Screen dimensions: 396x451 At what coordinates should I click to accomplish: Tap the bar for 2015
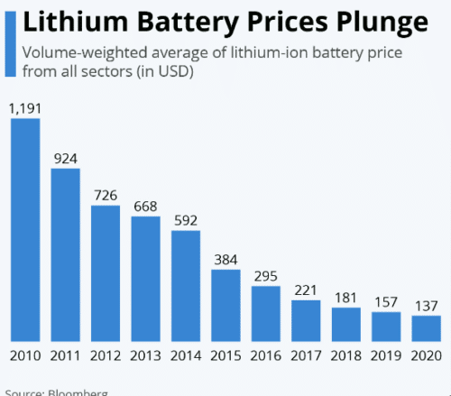point(226,303)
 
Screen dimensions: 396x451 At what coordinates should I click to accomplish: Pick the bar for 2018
point(347,322)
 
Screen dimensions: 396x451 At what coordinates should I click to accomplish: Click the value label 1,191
point(25,108)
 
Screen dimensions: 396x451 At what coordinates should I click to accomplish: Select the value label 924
point(65,158)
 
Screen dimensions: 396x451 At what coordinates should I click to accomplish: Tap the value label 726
point(106,195)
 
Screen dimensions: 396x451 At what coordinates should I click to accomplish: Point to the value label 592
point(186,220)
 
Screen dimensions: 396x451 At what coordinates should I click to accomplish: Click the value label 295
point(266,276)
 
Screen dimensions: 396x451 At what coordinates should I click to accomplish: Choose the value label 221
point(307,290)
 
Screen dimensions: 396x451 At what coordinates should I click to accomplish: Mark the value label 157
point(387,301)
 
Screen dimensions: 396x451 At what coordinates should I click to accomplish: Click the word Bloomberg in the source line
point(78,392)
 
